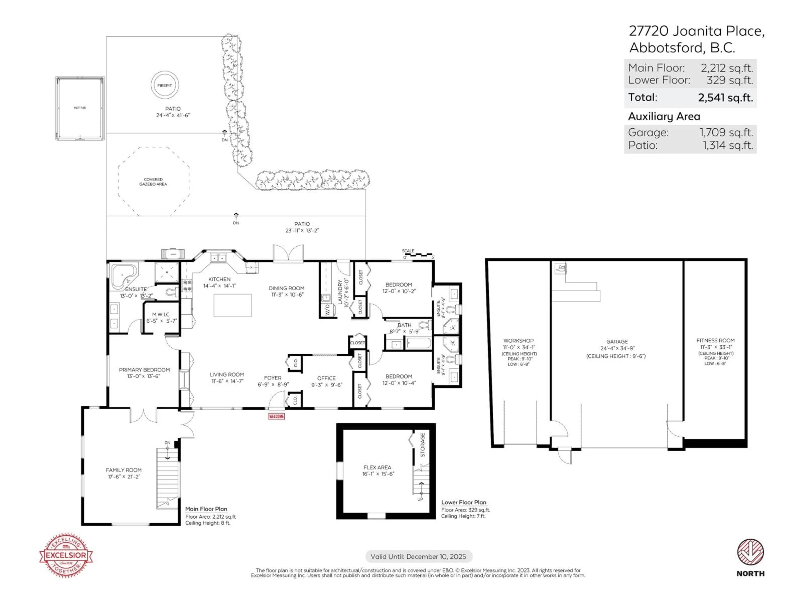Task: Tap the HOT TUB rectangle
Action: pos(80,108)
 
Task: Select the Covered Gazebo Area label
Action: pos(153,182)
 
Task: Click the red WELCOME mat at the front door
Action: pos(276,416)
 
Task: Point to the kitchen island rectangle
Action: pos(232,305)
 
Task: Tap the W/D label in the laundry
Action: pos(327,311)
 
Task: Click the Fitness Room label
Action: pos(715,341)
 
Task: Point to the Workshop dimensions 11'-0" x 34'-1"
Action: pos(518,348)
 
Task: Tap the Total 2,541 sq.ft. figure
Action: pos(725,97)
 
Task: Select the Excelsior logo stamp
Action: pos(66,555)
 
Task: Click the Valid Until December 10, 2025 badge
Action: pos(418,557)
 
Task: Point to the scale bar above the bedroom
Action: pos(418,255)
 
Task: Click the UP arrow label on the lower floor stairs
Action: pos(420,499)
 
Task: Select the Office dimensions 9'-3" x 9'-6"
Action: pos(327,385)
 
